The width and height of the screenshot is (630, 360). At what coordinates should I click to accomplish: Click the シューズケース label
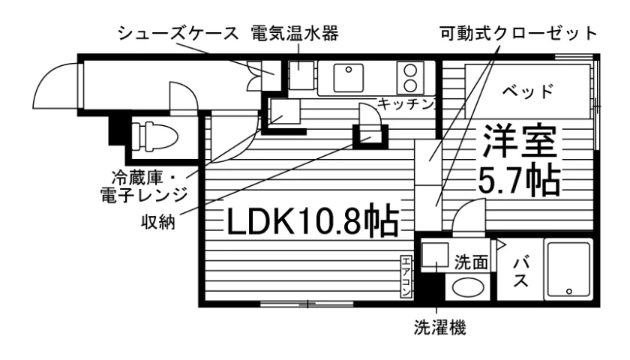point(178,33)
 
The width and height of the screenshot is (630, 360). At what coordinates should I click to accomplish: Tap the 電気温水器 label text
point(295,33)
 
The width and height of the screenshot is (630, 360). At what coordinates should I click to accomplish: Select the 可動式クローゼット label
point(519,33)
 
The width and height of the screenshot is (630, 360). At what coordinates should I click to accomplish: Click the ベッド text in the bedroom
point(528,92)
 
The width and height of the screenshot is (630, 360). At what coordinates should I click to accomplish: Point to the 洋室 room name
point(520,141)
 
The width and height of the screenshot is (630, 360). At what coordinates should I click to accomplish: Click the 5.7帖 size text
point(519,179)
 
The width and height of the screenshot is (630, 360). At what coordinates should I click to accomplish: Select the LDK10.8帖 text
point(313,222)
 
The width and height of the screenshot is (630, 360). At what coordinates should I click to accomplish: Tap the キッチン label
point(406,104)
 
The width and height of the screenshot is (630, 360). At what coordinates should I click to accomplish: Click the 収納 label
point(158,221)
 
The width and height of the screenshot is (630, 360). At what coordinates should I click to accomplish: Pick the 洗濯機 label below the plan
point(440,328)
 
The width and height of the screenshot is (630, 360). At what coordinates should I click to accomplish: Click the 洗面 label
point(471,262)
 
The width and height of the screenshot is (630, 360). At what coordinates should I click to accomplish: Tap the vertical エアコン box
point(406,277)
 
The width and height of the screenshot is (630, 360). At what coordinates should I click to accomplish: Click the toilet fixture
point(154,137)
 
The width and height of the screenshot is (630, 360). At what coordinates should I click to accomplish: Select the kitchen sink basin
point(348,78)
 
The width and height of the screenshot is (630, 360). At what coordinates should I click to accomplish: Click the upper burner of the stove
point(411,70)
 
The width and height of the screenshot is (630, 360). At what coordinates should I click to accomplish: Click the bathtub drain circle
point(568,291)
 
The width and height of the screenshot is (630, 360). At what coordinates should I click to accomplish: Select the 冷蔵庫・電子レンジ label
point(144,186)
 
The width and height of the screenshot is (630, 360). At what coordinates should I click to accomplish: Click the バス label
point(520,273)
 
